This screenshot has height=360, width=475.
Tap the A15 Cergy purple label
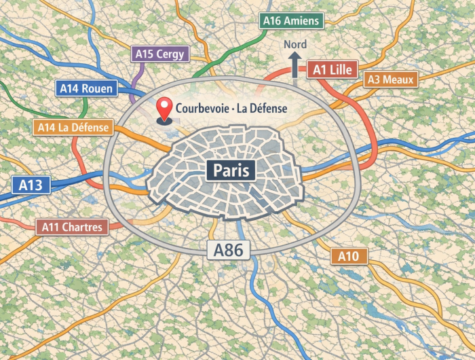tap(159, 54)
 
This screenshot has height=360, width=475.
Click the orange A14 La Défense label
tap(73, 127)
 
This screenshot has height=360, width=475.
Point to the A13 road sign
tap(31, 185)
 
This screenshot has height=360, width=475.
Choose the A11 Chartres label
tap(73, 227)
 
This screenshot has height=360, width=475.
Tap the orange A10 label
tap(349, 256)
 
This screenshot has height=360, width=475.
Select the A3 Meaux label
tap(390, 79)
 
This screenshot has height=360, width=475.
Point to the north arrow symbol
tap(295, 67)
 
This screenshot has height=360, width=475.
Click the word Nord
tap(295, 45)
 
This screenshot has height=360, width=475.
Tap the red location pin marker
tap(164, 109)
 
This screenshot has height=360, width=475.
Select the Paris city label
tap(231, 170)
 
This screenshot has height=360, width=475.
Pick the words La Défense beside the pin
tap(261, 108)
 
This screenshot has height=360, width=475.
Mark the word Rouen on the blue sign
tap(98, 88)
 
